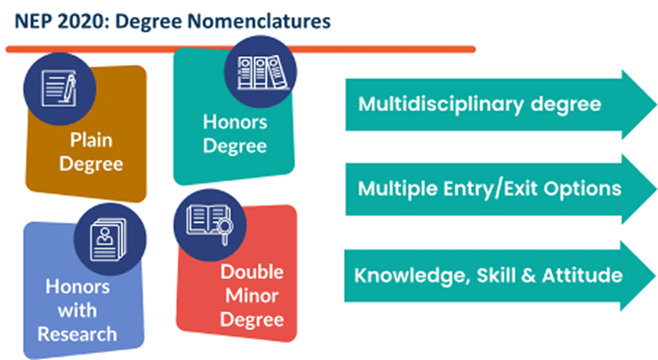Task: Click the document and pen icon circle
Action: click(60, 88)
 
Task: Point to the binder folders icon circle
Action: click(261, 72)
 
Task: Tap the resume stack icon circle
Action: click(110, 239)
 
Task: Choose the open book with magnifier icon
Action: click(210, 225)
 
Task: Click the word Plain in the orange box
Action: click(91, 140)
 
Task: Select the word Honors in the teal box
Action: click(235, 122)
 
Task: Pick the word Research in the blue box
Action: click(77, 334)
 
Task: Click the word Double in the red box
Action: click(252, 272)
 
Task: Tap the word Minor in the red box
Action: click(252, 296)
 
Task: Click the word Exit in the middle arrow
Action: click(520, 189)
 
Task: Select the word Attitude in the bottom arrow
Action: click(582, 275)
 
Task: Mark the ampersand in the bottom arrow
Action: click(528, 276)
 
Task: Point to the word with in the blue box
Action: click(77, 311)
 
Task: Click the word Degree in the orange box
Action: click(91, 164)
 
